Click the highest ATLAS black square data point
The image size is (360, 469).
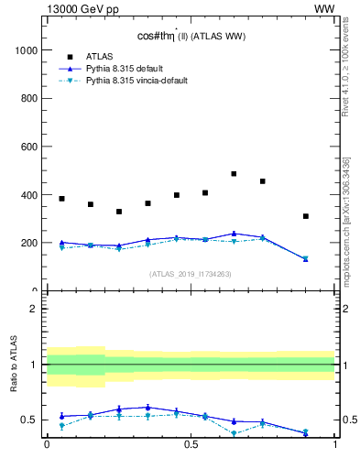(234, 173)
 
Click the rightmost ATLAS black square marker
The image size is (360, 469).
(306, 216)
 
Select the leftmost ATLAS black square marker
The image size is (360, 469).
(61, 199)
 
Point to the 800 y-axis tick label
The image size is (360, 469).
(29, 98)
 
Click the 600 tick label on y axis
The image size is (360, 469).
(29, 147)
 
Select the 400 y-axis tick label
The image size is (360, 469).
(29, 195)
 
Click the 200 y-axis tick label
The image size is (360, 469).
(29, 243)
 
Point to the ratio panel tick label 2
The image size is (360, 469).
(34, 309)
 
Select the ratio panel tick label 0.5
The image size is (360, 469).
(30, 420)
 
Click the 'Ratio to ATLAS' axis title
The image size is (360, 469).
(13, 365)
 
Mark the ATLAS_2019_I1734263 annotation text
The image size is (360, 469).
(191, 274)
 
